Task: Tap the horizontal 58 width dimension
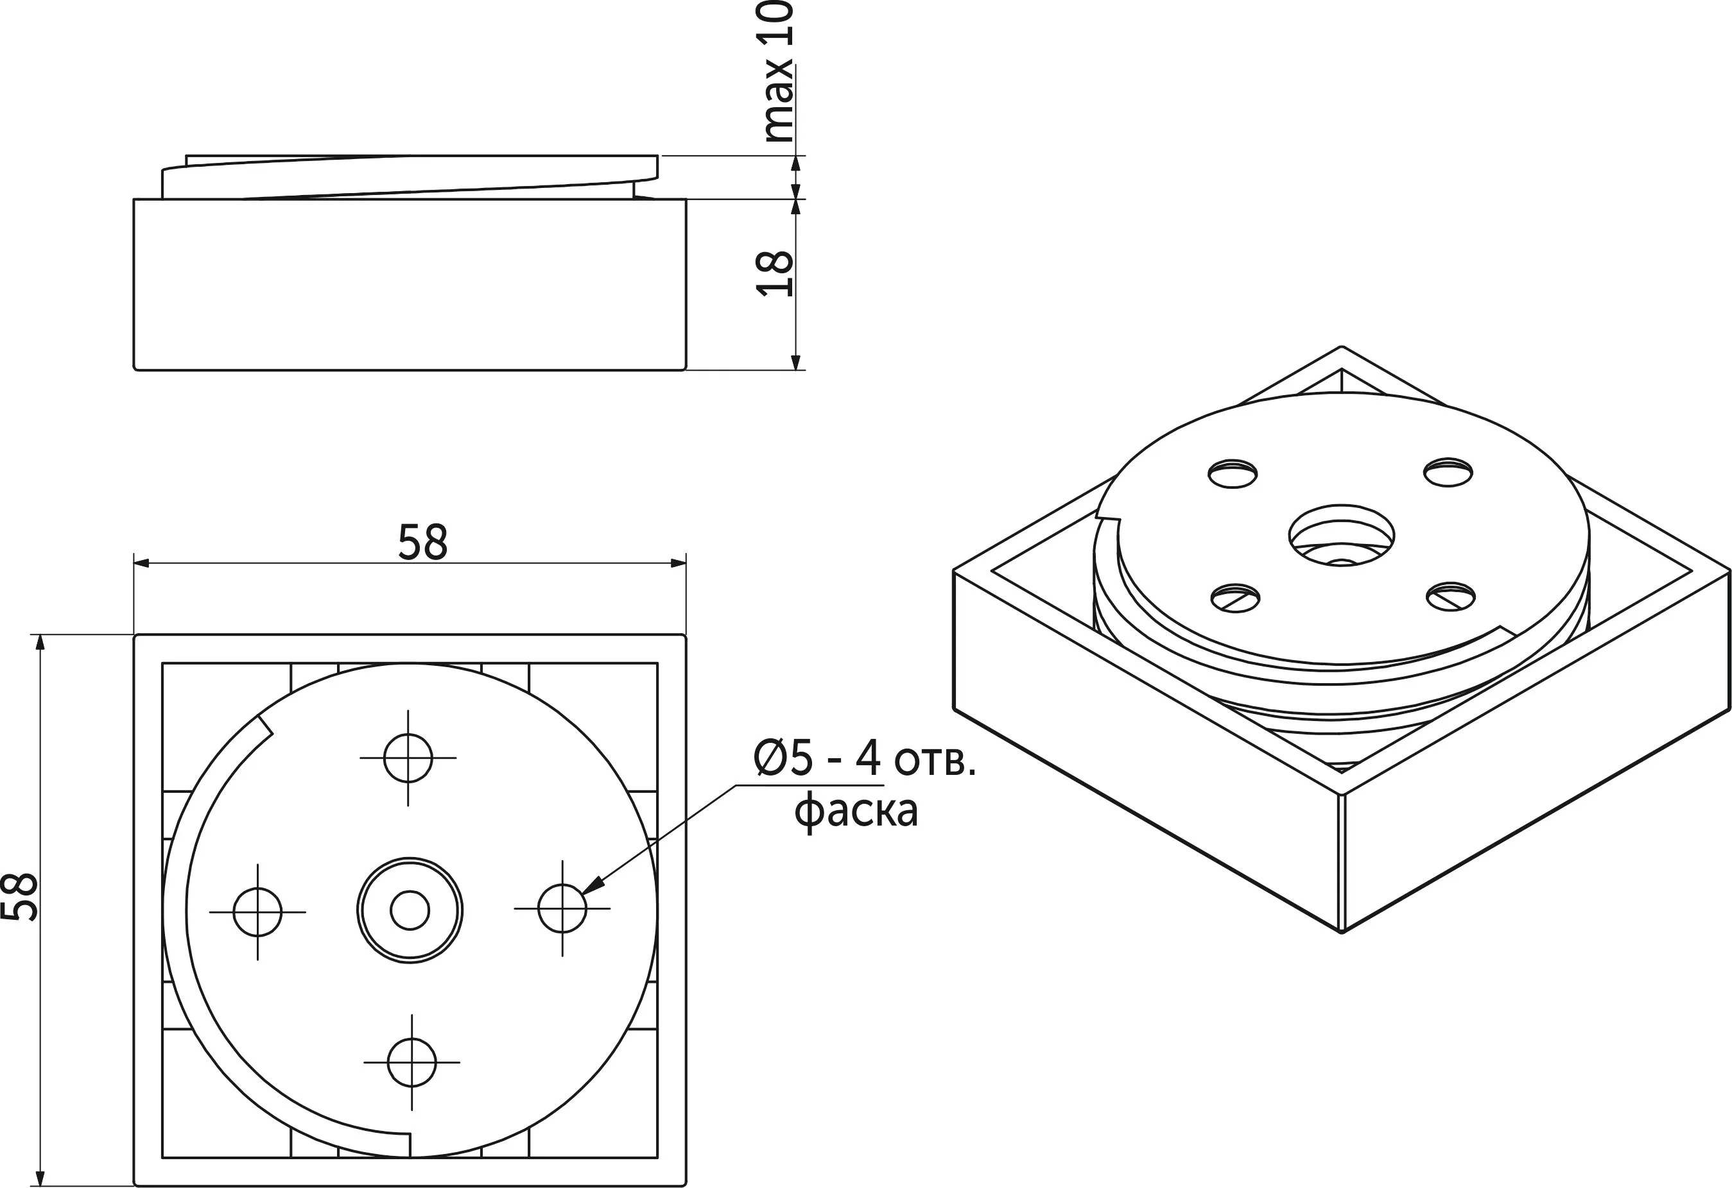422,542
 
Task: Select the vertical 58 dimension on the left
19,896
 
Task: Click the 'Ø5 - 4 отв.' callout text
864,759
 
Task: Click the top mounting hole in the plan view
408,758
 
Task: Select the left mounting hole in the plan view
258,912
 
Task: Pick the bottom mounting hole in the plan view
411,1062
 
